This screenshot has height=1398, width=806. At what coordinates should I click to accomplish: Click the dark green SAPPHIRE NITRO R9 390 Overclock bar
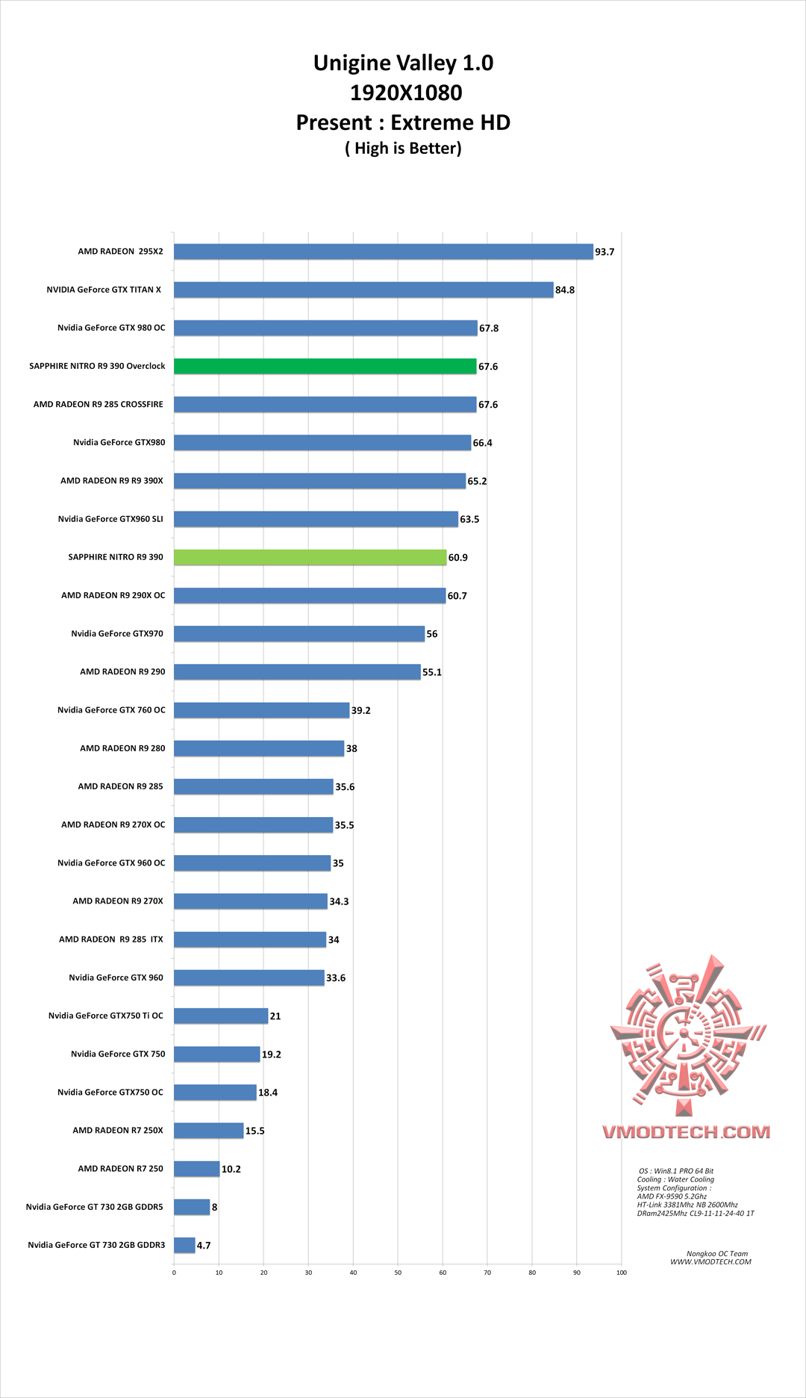pyautogui.click(x=325, y=366)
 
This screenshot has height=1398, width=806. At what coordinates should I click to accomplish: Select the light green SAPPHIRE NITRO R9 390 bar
pyautogui.click(x=310, y=557)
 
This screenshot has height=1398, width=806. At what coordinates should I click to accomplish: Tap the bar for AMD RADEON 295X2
pyautogui.click(x=383, y=252)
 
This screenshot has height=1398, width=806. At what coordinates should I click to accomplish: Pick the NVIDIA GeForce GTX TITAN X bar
pyautogui.click(x=363, y=290)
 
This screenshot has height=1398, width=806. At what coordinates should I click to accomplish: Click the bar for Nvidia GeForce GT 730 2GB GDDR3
pyautogui.click(x=184, y=1245)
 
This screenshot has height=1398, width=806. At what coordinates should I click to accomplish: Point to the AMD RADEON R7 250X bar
pyautogui.click(x=209, y=1131)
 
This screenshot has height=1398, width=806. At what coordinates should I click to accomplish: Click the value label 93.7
pyautogui.click(x=604, y=252)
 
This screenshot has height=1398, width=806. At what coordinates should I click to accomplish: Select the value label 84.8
pyautogui.click(x=565, y=291)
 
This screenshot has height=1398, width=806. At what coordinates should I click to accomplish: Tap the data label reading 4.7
pyautogui.click(x=204, y=1246)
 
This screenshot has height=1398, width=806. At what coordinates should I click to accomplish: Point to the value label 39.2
pyautogui.click(x=361, y=711)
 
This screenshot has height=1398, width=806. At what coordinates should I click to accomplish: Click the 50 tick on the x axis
pyautogui.click(x=398, y=1273)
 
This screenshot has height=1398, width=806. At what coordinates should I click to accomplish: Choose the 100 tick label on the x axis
pyautogui.click(x=621, y=1273)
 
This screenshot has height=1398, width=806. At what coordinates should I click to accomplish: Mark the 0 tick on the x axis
pyautogui.click(x=174, y=1273)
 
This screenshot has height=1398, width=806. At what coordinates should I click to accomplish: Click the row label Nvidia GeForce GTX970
pyautogui.click(x=117, y=633)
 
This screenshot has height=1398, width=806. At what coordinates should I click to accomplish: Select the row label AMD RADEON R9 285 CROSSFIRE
pyautogui.click(x=99, y=404)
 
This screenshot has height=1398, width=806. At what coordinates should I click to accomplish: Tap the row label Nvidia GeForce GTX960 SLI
pyautogui.click(x=110, y=519)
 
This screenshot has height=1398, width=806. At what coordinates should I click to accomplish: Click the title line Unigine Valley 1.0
pyautogui.click(x=403, y=63)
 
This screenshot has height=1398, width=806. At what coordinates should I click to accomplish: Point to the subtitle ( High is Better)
pyautogui.click(x=403, y=148)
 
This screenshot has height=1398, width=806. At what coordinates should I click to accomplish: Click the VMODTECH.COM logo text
pyautogui.click(x=686, y=1132)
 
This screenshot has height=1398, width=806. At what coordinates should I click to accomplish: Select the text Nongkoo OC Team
pyautogui.click(x=716, y=1254)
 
